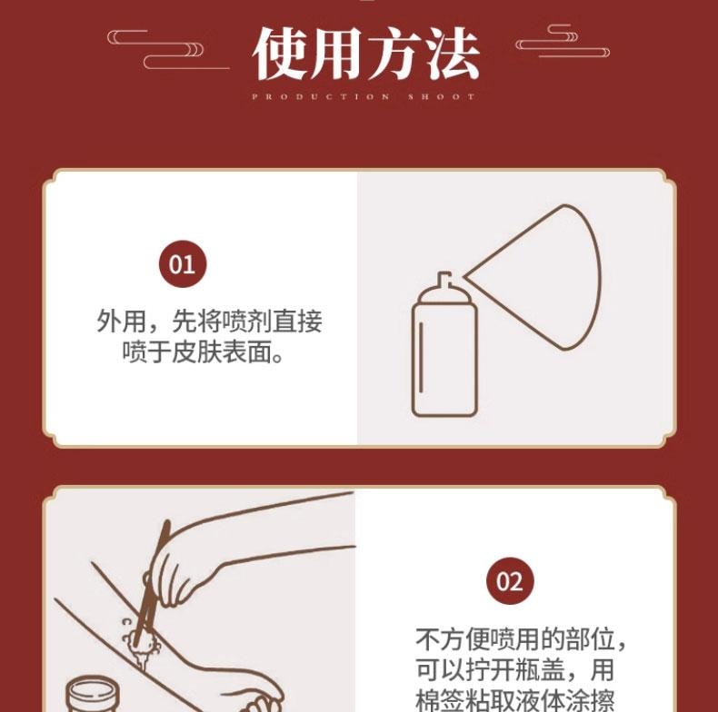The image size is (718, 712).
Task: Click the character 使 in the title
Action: point(281,54)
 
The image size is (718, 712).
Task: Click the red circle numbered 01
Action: point(183,264)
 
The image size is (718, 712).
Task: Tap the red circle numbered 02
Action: point(510,581)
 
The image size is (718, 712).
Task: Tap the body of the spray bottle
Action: point(444,363)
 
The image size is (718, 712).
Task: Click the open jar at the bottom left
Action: point(95,694)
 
